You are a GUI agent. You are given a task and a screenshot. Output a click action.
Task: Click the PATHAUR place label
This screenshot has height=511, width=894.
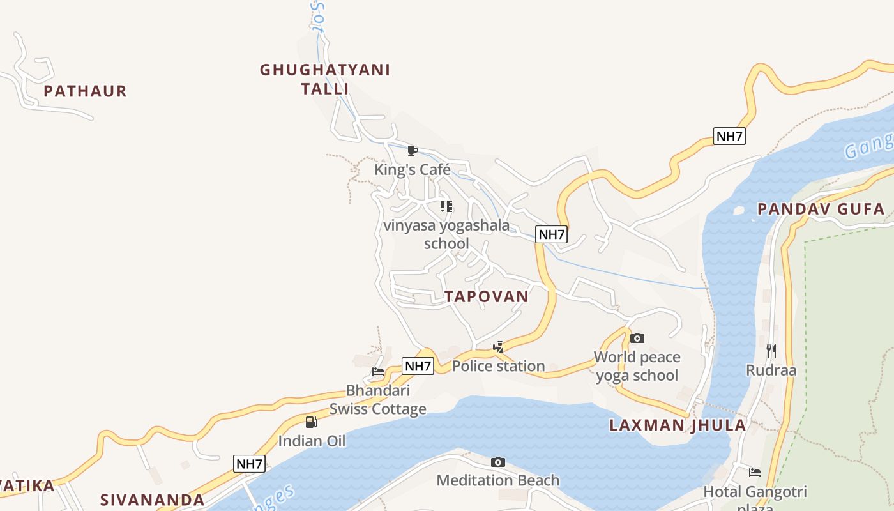click(x=85, y=91)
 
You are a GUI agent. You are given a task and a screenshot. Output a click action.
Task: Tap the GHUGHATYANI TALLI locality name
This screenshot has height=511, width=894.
click(x=325, y=79)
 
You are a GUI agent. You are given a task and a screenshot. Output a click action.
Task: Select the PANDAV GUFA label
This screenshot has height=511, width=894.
click(x=821, y=209)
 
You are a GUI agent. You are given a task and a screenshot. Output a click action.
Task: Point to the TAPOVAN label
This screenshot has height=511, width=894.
click(x=487, y=296)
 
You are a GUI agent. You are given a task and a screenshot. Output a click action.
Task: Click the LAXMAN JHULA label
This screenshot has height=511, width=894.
click(x=677, y=425)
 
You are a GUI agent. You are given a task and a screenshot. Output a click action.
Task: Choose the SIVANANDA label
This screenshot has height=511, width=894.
click(x=153, y=500)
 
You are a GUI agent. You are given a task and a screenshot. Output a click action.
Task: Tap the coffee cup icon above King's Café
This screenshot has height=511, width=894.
click(x=413, y=151)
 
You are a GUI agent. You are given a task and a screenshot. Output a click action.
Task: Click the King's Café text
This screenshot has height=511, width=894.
click(x=413, y=170)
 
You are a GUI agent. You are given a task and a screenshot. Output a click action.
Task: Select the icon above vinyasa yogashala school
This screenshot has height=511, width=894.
click(x=446, y=206)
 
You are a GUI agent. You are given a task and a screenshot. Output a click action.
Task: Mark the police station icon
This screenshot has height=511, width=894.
click(x=498, y=347)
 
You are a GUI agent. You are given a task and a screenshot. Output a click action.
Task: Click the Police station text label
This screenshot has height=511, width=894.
click(x=498, y=366)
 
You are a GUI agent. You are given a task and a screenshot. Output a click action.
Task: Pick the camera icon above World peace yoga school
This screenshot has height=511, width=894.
click(x=637, y=338)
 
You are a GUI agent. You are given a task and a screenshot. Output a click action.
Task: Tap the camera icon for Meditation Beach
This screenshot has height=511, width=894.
click(x=497, y=462)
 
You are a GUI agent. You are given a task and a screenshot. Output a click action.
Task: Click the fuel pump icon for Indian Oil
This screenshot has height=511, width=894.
click(x=312, y=422)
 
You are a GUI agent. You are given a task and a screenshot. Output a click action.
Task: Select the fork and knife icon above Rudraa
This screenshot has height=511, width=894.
click(x=771, y=351)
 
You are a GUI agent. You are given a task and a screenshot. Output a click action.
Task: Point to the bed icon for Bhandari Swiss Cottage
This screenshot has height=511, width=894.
click(x=378, y=371)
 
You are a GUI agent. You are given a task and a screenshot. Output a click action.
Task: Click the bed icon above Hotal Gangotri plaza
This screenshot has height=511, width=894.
click(x=755, y=473)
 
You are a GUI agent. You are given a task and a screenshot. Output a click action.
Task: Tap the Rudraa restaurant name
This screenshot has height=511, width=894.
click(x=771, y=370)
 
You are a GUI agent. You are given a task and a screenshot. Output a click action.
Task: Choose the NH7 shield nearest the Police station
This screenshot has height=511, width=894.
click(x=418, y=366)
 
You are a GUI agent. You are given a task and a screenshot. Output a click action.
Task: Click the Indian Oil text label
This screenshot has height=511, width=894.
click(x=312, y=441)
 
